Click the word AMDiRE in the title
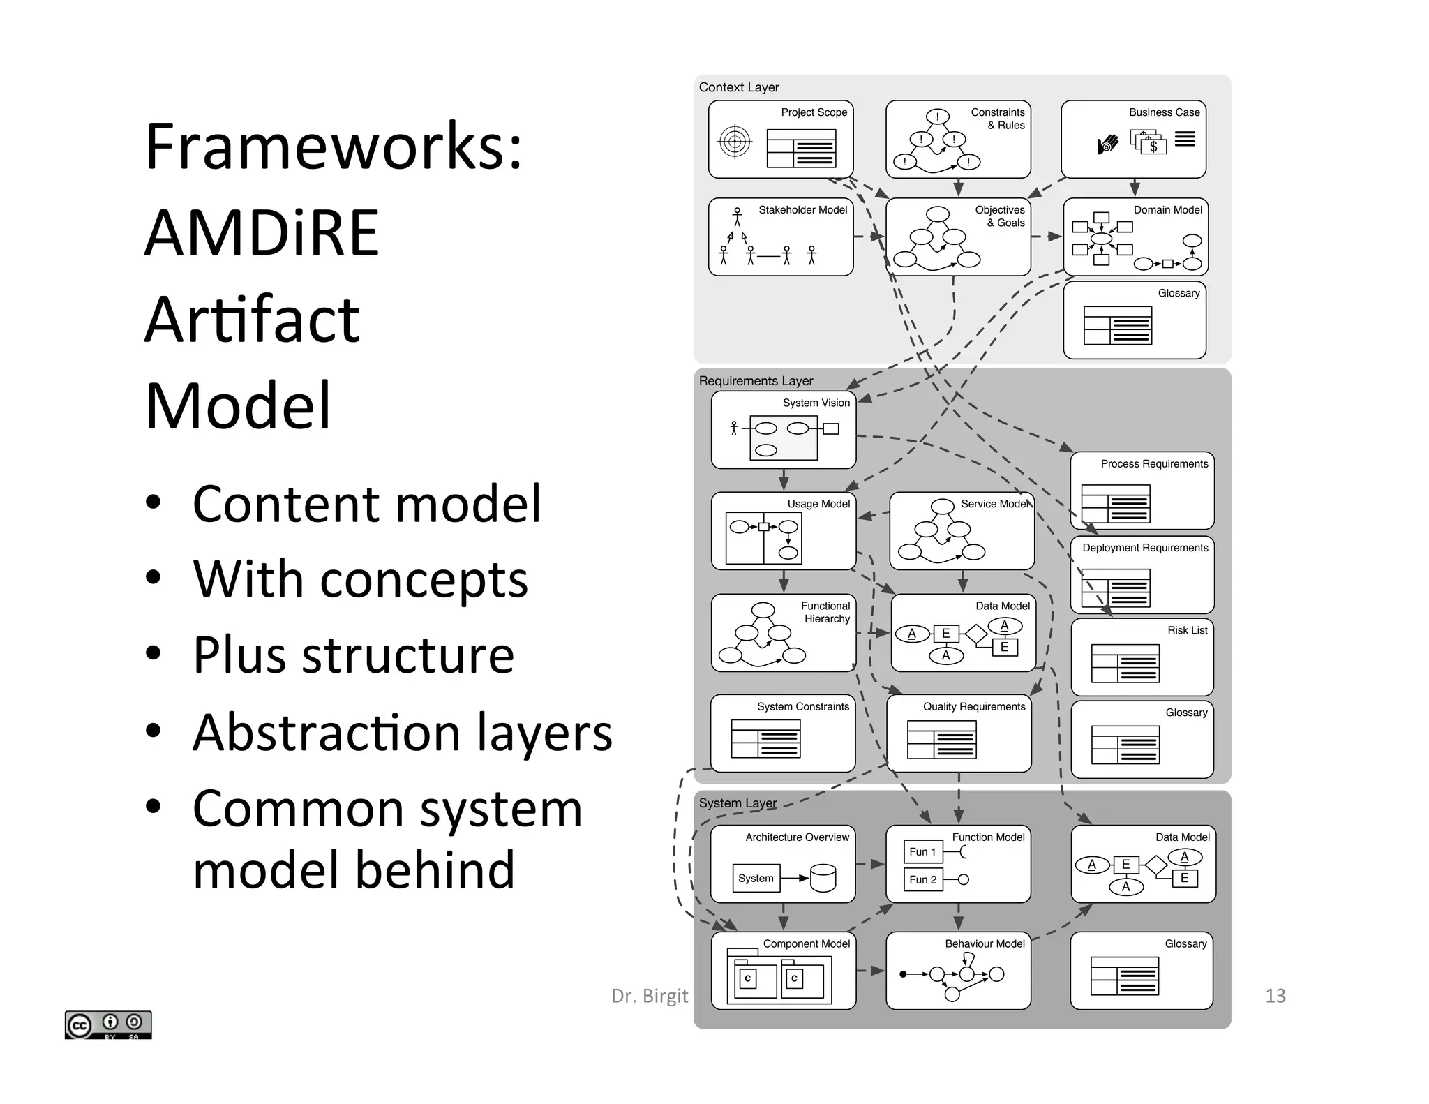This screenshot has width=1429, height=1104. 262,233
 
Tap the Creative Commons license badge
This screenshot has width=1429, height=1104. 108,1024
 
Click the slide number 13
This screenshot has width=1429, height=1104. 1275,996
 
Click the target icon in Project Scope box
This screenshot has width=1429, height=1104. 735,142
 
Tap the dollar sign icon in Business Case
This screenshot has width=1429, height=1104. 1153,146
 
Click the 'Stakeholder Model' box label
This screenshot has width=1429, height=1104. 802,209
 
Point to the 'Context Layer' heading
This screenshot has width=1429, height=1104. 739,87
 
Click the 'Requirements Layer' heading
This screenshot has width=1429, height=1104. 756,381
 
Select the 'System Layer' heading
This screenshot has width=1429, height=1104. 738,803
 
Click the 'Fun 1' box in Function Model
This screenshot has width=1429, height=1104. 922,851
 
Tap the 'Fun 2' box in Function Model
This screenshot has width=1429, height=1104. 922,879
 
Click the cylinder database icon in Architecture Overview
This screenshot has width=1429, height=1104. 823,878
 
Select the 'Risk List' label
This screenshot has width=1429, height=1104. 1187,630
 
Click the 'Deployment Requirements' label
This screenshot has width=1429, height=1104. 1145,548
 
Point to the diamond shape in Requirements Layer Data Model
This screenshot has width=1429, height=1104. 976,634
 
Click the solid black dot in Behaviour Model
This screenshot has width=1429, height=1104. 903,974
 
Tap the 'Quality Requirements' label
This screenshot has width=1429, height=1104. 974,706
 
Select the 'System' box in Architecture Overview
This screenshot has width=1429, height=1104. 756,878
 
